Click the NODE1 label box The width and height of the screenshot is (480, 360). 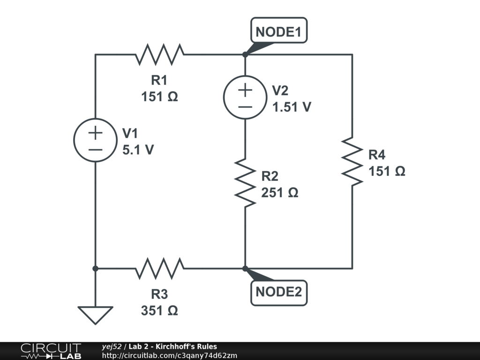coord(279,30)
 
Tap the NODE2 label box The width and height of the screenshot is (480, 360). coord(279,292)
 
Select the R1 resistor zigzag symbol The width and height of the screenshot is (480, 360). coord(159,54)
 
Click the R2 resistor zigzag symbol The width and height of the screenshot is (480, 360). coord(245,183)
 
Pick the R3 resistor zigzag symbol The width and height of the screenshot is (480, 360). coord(159,269)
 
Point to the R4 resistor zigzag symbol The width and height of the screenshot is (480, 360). coord(352,162)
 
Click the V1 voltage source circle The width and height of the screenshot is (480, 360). coord(95,140)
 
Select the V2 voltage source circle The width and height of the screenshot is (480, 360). coord(245,97)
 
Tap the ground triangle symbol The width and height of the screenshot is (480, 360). coord(95,315)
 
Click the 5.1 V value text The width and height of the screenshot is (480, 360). coord(138,150)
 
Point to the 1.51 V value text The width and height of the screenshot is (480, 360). coord(292,107)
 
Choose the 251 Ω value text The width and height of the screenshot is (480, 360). coord(279,193)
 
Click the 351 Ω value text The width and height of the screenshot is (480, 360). coord(159,310)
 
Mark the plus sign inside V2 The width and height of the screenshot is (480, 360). coord(245,90)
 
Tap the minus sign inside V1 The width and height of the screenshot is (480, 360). coord(95,150)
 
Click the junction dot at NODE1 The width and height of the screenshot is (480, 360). coord(245,54)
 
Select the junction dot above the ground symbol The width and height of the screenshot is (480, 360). coord(95,269)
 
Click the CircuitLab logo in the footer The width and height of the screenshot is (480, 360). coord(51,351)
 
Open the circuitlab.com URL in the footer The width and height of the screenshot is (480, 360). coord(170,355)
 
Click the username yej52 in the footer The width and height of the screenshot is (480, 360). coord(112,346)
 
